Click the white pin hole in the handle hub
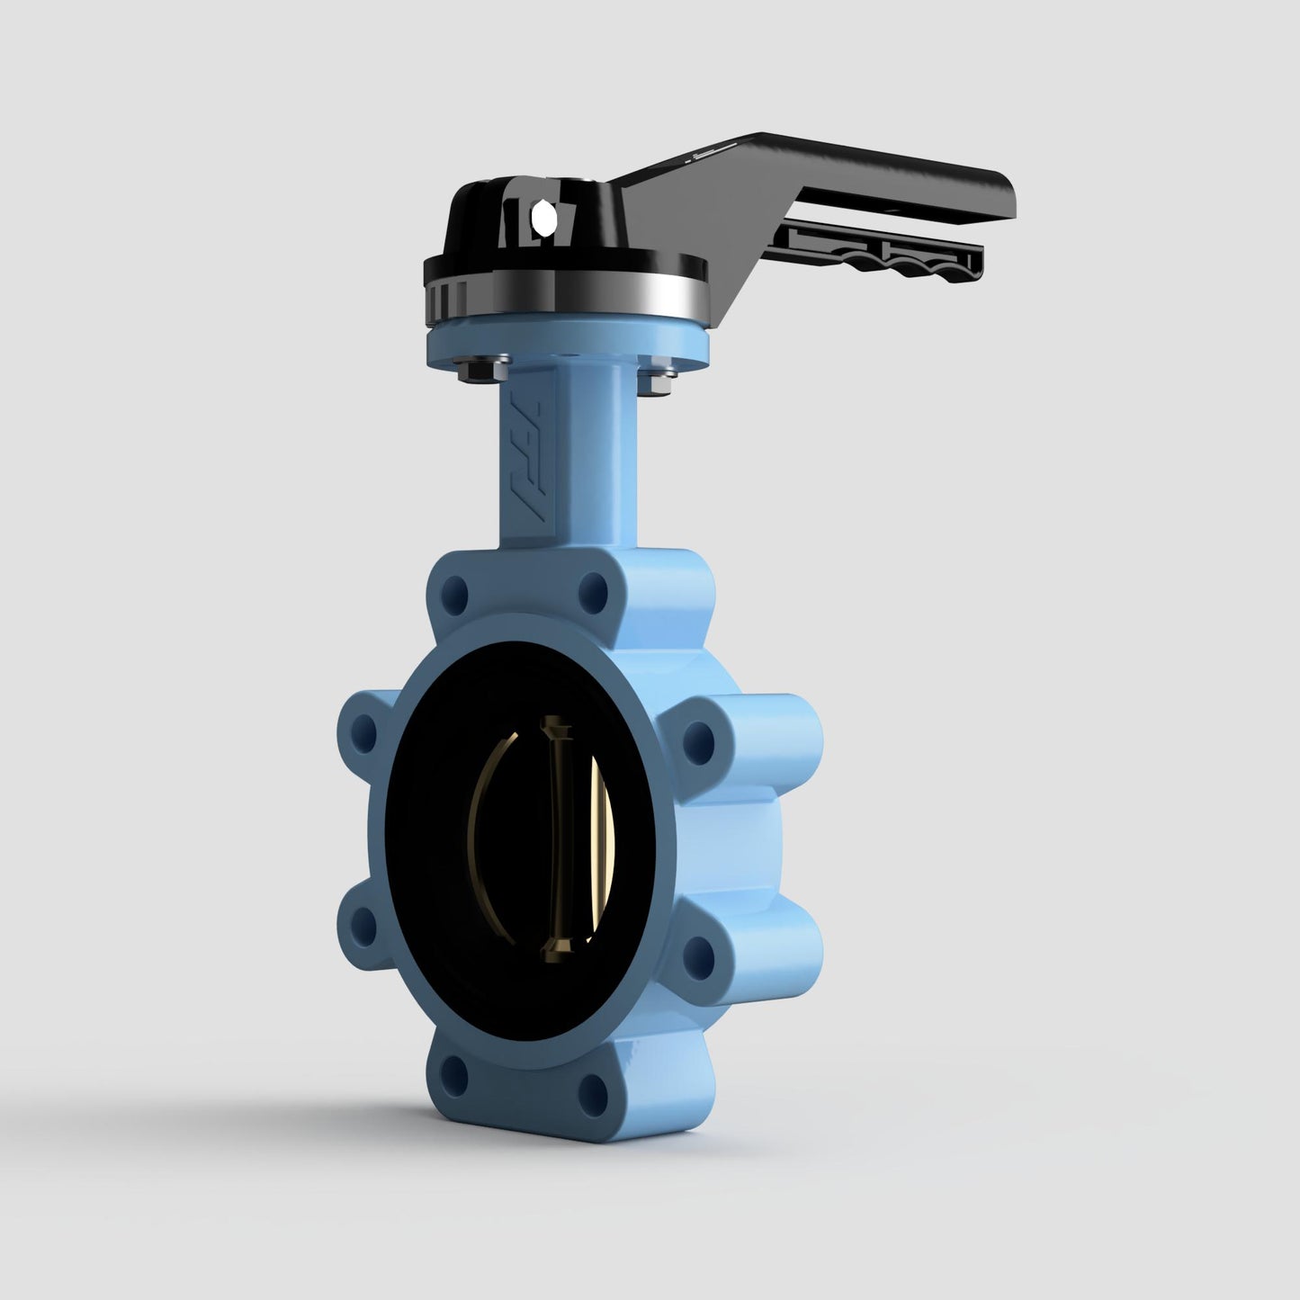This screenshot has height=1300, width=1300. pos(542,216)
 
